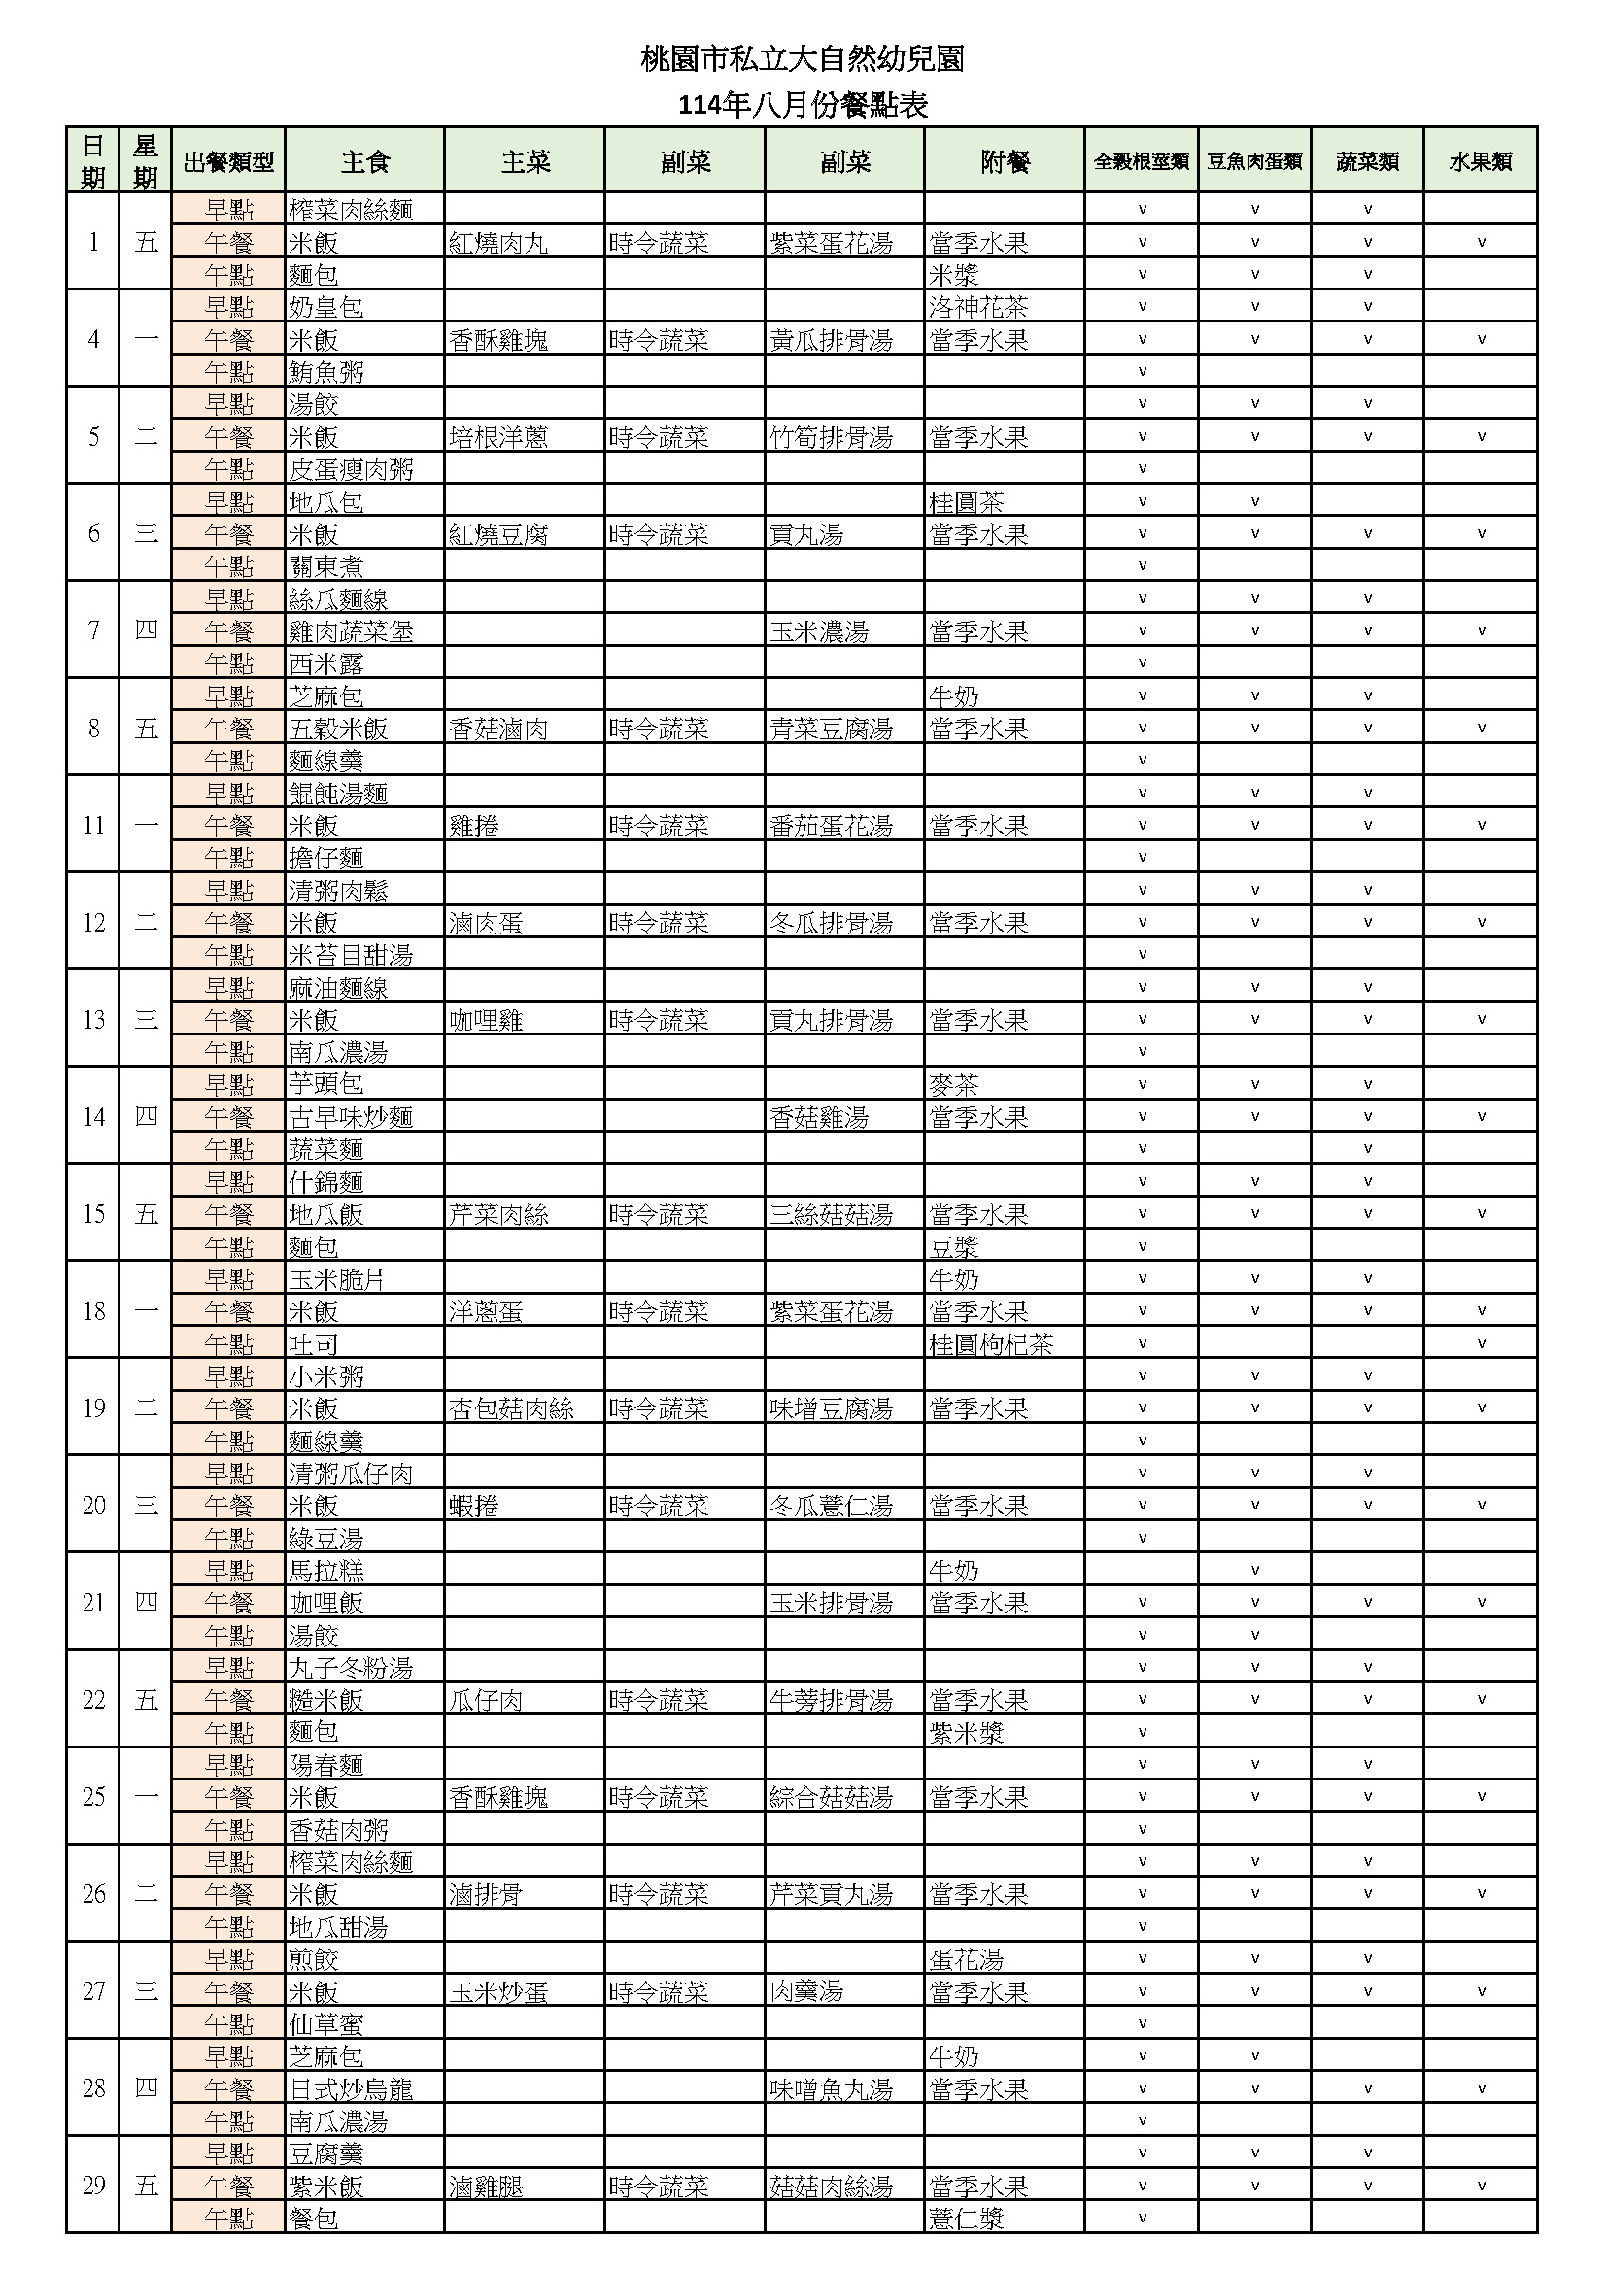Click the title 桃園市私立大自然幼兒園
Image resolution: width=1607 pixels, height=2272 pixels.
tap(803, 59)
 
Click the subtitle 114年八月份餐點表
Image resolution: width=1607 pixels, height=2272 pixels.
tap(803, 105)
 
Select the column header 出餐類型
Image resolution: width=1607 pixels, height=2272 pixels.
tap(227, 161)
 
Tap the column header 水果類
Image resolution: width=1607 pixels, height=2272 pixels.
tap(1481, 161)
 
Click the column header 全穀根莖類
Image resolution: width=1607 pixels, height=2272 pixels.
tap(1141, 161)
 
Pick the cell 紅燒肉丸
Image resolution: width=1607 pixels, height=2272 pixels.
tap(498, 243)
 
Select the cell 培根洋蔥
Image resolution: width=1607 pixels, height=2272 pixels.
tap(498, 437)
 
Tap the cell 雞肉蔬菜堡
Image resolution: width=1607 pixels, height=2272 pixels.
tap(352, 631)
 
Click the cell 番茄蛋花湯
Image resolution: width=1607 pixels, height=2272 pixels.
tap(832, 826)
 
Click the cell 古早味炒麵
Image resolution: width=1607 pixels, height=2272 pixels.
tap(352, 1117)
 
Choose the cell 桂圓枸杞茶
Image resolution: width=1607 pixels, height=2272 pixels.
tap(990, 1343)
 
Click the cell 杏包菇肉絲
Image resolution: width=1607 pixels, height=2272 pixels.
tap(512, 1408)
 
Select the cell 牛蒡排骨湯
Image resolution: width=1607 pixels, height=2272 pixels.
tap(832, 1700)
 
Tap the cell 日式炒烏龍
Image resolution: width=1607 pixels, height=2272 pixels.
tap(352, 2089)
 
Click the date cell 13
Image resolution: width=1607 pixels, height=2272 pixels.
tap(93, 1019)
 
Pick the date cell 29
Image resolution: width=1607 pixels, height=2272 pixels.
tap(93, 2186)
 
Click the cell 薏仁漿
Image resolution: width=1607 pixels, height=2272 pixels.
tap(966, 2219)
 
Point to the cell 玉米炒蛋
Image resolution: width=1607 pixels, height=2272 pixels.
tap(498, 1992)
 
